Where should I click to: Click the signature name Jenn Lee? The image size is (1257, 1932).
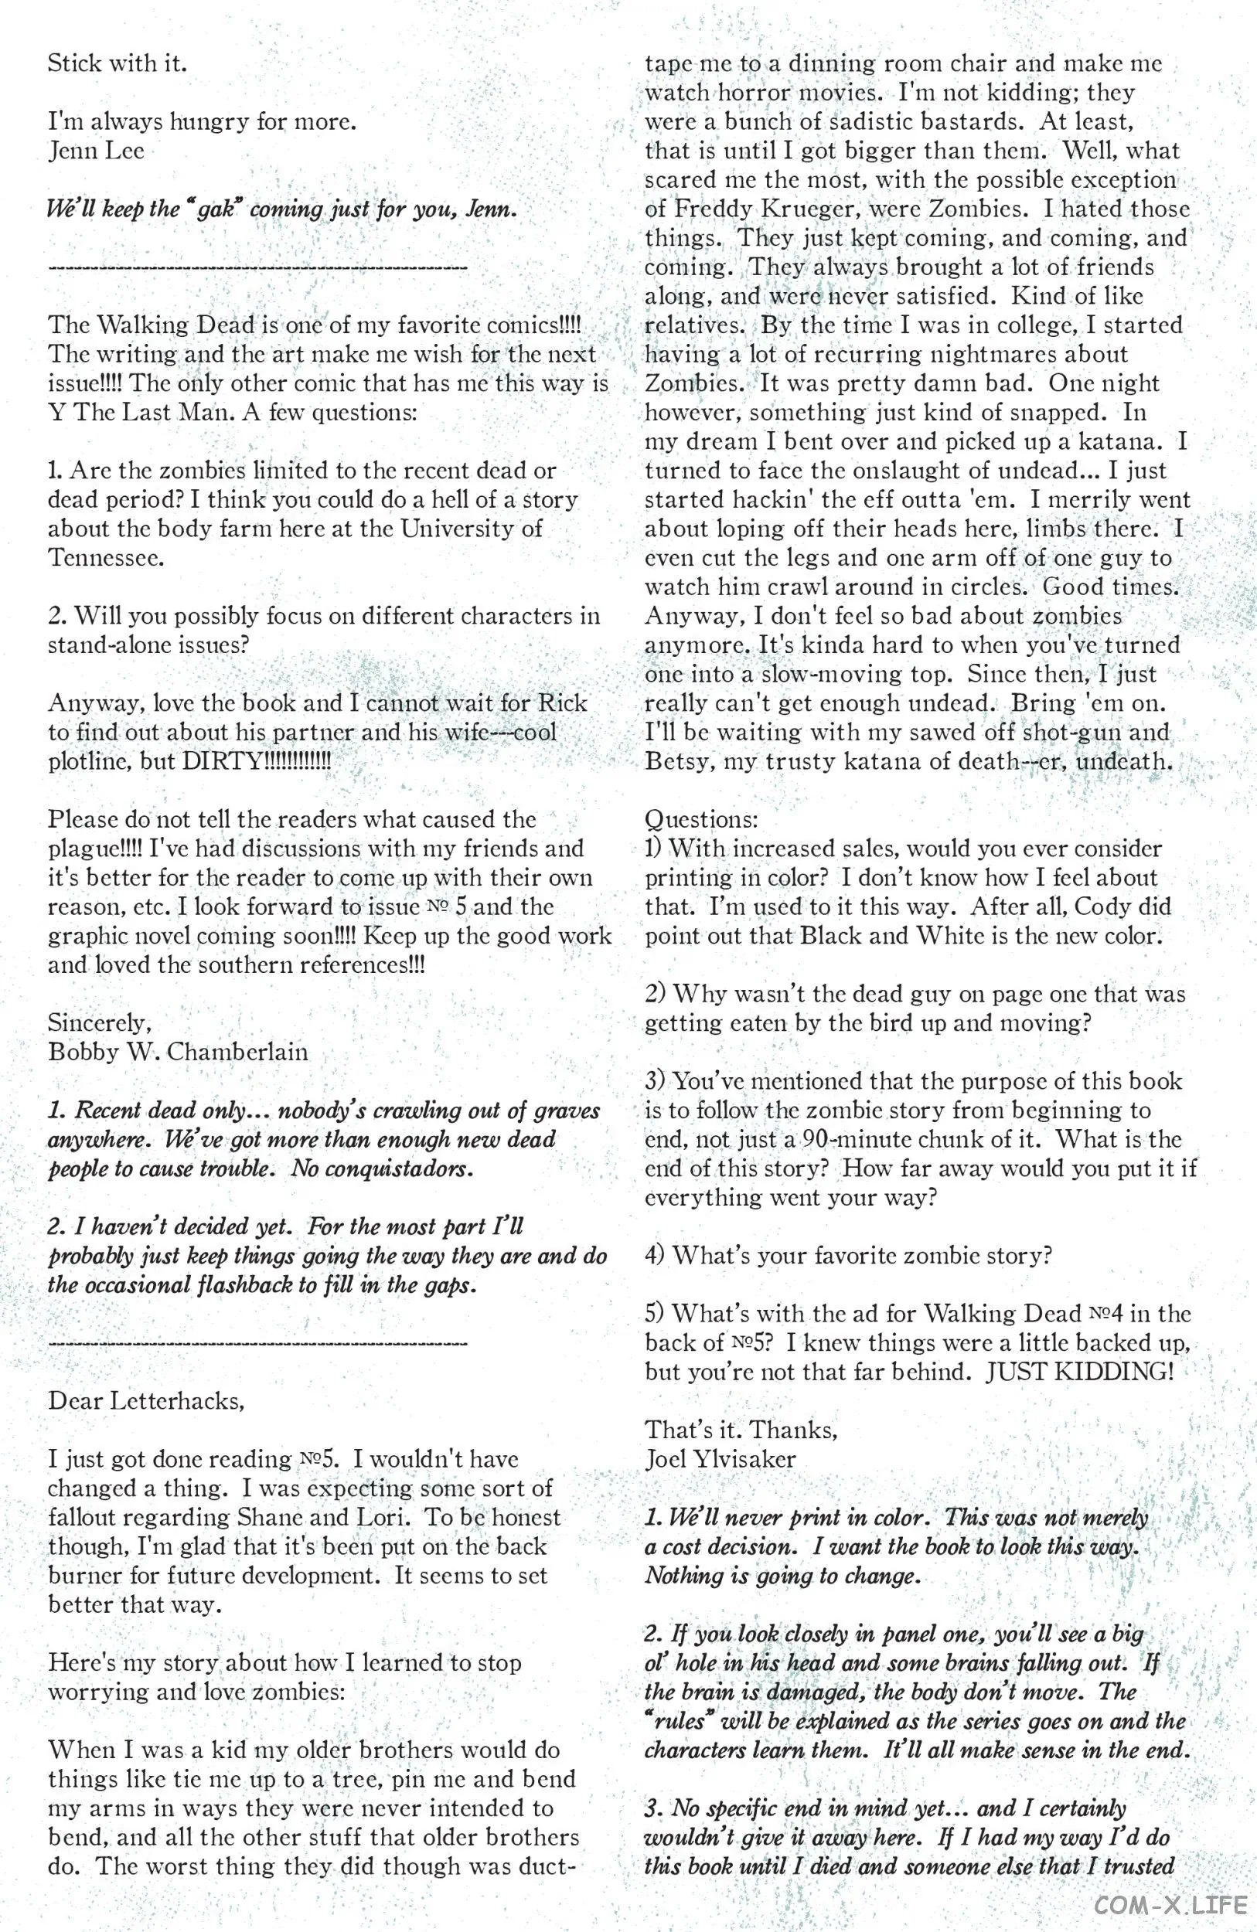pyautogui.click(x=96, y=151)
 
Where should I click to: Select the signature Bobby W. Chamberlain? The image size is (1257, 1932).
pyautogui.click(x=178, y=1052)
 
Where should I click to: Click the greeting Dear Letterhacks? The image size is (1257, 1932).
pyautogui.click(x=146, y=1401)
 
